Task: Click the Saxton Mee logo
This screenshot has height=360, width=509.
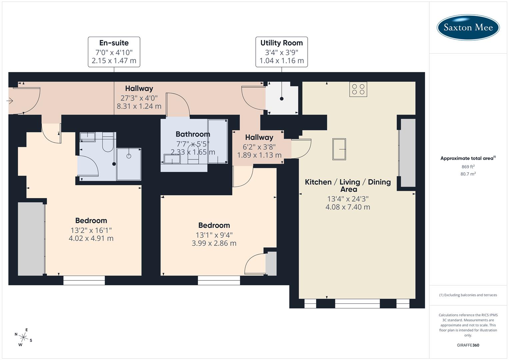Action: [468, 27]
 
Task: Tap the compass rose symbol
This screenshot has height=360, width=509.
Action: [23, 337]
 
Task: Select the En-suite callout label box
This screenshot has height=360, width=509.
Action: [114, 52]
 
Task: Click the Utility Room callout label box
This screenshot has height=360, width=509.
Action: [282, 52]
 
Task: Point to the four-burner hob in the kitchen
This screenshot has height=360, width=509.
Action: [358, 89]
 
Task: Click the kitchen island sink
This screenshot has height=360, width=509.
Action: [339, 149]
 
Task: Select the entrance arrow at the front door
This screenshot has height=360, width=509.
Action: [10, 100]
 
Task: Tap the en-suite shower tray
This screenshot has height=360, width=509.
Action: [129, 164]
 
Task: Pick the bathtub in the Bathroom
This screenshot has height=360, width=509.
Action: [218, 141]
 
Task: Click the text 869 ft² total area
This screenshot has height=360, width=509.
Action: [468, 167]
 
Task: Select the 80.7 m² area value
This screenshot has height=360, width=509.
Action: [468, 174]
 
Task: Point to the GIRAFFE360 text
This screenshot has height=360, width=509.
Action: [468, 345]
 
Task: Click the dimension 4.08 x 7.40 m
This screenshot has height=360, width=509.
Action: [348, 207]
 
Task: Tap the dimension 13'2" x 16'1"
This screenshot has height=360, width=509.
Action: [91, 230]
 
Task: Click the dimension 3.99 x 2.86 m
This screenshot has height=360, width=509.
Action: [214, 243]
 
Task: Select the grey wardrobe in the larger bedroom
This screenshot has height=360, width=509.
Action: [31, 239]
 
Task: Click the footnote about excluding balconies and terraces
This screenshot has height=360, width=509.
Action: [468, 295]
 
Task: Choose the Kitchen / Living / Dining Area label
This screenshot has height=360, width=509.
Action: [348, 185]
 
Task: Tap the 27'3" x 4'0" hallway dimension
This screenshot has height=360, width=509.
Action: [139, 98]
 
